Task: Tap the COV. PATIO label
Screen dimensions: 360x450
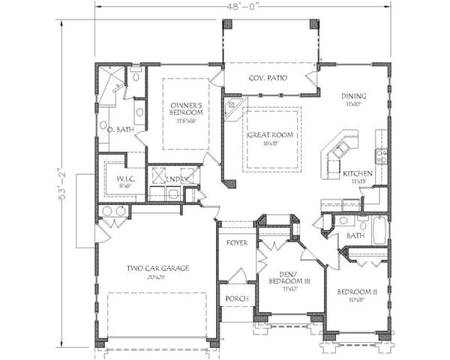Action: click(268, 79)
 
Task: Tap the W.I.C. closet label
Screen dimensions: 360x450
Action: click(115, 178)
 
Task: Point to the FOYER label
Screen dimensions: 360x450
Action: click(237, 243)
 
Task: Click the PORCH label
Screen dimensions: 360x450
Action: click(236, 298)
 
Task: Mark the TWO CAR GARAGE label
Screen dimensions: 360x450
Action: click(157, 268)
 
